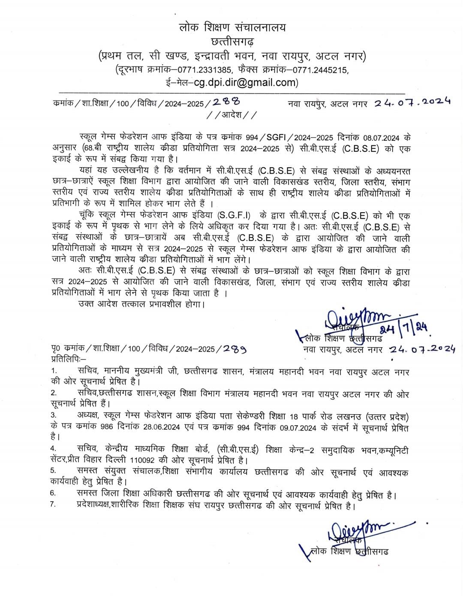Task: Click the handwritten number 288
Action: pos(226,102)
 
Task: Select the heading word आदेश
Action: pos(232,115)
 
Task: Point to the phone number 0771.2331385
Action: pos(204,70)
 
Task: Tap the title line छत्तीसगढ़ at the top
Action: pos(232,42)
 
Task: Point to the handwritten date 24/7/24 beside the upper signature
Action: pos(403,328)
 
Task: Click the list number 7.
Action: pos(53,504)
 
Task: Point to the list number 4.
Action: pos(53,449)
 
